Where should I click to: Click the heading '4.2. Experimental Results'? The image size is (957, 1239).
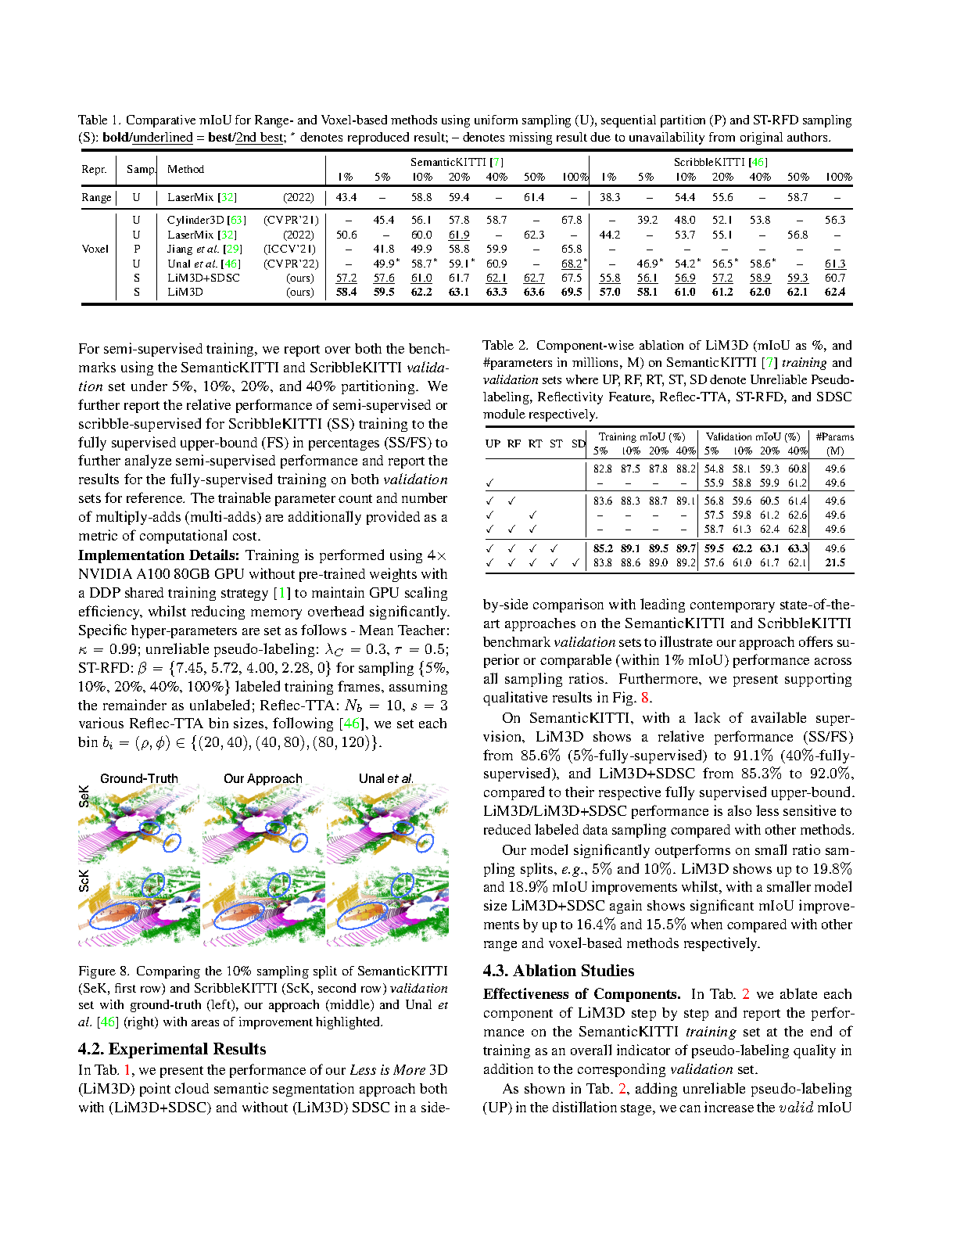coord(172,1049)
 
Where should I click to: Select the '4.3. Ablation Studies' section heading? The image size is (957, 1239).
coord(558,971)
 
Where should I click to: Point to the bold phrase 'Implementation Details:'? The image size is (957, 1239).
coord(159,555)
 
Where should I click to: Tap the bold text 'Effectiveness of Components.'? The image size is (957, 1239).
coord(582,994)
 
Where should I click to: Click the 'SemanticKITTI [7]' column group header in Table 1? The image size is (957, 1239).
coord(457,162)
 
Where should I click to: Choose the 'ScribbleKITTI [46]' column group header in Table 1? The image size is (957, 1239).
coord(720,162)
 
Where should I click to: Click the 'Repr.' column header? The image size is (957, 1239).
coord(94,169)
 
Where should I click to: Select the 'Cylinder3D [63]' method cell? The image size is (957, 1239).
coord(206,221)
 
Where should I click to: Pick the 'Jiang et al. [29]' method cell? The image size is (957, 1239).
coord(205,249)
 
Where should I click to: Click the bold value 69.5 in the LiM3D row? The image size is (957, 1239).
coord(572,292)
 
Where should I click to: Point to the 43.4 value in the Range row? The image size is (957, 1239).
coord(346,198)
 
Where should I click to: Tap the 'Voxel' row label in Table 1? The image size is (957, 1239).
coord(95,249)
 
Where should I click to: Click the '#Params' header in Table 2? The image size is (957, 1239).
coord(834,436)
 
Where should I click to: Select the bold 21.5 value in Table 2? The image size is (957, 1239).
coord(835,562)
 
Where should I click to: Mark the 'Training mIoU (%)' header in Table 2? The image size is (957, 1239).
coord(642,436)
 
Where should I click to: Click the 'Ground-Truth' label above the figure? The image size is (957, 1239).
coord(139,778)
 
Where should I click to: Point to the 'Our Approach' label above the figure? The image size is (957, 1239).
coord(263,778)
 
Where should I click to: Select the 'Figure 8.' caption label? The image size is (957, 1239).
coord(104,971)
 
